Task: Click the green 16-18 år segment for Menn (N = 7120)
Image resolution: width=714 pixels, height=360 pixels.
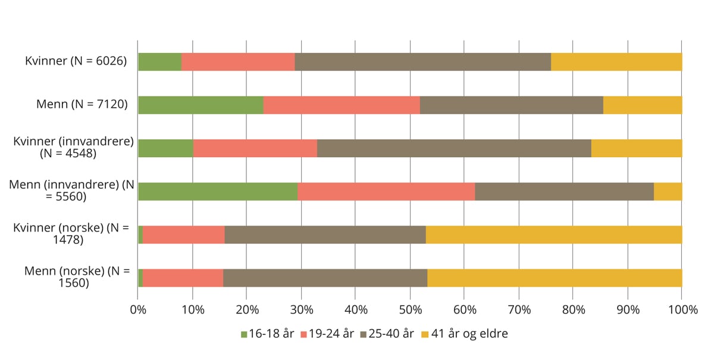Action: tap(201, 105)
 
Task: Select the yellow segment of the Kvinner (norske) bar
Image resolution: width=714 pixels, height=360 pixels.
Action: tap(553, 234)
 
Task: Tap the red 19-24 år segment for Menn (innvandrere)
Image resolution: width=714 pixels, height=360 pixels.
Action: tap(386, 191)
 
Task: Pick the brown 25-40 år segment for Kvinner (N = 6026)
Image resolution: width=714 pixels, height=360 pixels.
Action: tap(422, 62)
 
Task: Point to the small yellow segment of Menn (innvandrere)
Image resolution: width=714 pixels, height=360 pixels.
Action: tap(668, 191)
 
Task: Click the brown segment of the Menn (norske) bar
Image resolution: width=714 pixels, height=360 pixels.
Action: tap(325, 278)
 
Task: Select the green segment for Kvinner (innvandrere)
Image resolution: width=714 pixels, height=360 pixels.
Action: tap(165, 148)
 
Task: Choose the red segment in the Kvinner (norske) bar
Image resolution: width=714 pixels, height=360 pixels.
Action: tap(183, 234)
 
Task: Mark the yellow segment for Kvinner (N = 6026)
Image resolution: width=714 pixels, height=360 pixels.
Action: tap(616, 62)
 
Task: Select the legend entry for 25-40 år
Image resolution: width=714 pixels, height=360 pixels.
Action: tap(387, 334)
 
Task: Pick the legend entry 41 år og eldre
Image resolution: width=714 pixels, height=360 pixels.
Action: tap(464, 334)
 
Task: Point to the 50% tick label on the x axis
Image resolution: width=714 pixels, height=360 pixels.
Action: tap(410, 309)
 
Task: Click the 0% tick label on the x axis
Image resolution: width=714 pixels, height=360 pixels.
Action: tap(138, 309)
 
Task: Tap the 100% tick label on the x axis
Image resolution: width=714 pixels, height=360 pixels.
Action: tap(681, 309)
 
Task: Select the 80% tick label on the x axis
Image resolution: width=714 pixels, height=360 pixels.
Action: tap(573, 309)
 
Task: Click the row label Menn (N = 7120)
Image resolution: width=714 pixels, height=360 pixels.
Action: tap(82, 105)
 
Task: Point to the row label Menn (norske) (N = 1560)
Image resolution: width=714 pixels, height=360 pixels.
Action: tap(77, 277)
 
